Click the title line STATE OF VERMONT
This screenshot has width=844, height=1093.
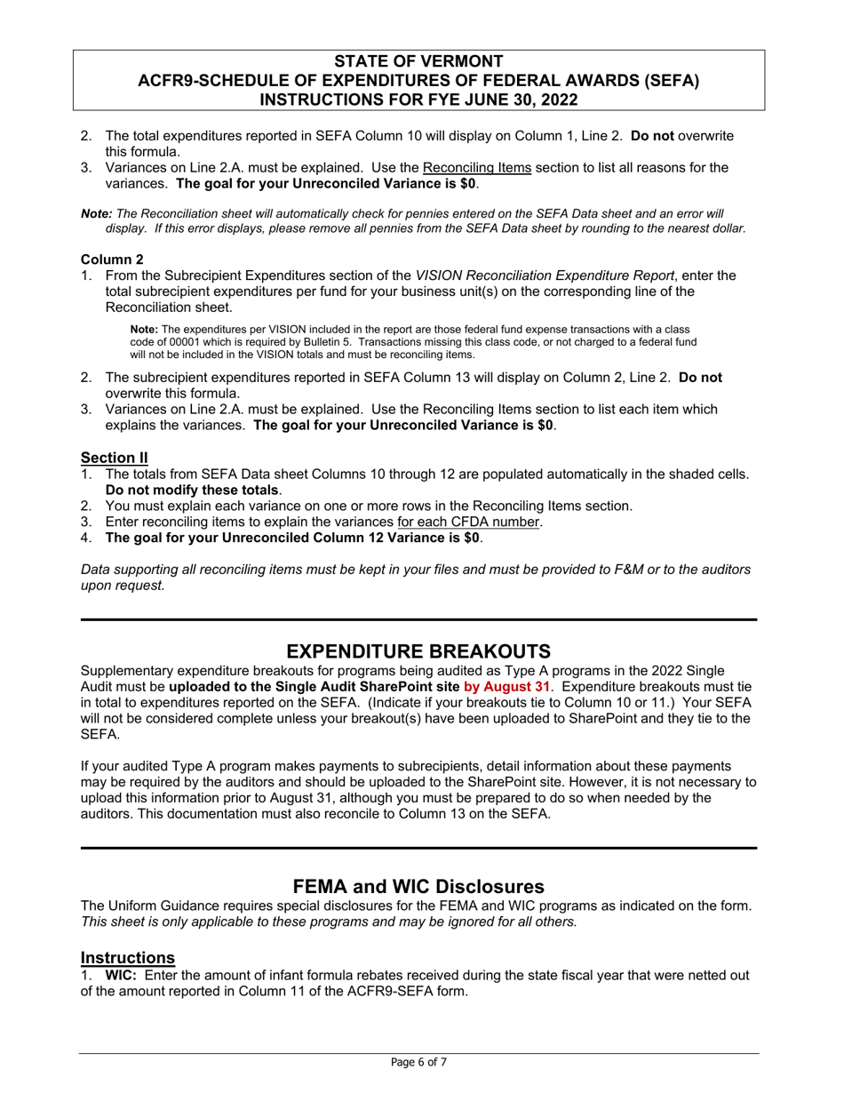click(x=418, y=61)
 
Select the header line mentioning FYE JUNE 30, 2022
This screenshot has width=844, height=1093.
click(x=418, y=100)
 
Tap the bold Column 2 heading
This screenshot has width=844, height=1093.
click(x=112, y=259)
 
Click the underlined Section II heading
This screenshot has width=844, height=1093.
click(x=115, y=458)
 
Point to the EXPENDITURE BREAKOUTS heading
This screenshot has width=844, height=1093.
click(x=418, y=650)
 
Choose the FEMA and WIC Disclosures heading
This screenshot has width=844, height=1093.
click(x=418, y=886)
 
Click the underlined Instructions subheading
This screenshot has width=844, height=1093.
click(x=128, y=957)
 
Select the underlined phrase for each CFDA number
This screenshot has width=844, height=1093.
click(x=468, y=522)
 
